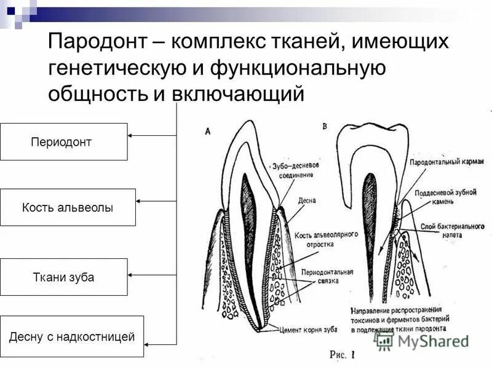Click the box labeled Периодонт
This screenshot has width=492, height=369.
point(63,141)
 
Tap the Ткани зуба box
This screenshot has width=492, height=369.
point(63,277)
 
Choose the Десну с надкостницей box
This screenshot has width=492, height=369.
point(71,336)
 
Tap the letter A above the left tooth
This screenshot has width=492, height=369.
point(208,130)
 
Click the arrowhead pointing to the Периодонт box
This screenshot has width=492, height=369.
point(132,135)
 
